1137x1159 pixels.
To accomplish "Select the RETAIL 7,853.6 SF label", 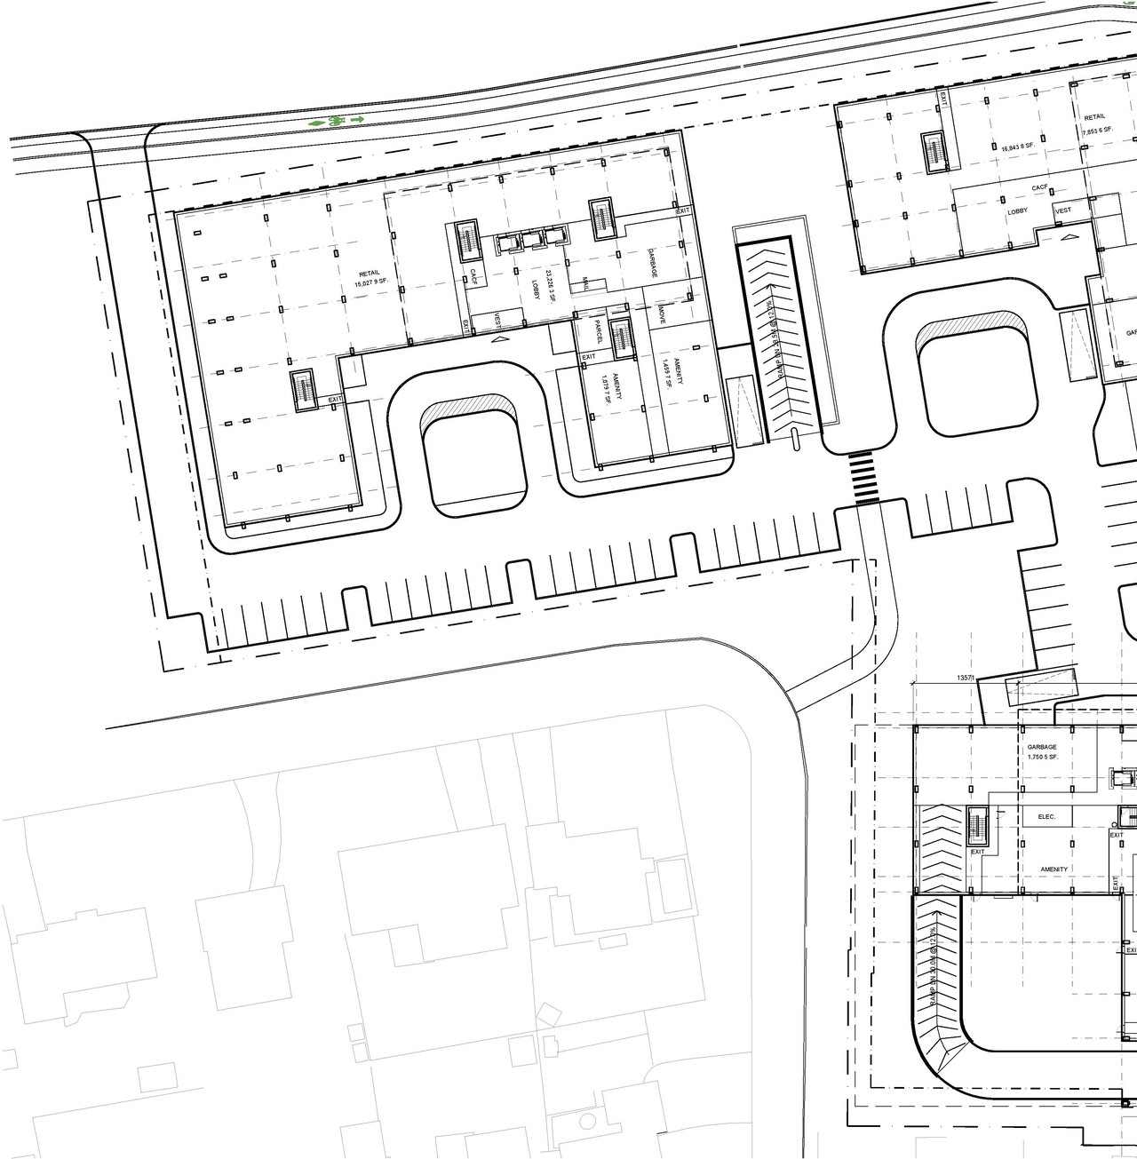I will [x=1096, y=124].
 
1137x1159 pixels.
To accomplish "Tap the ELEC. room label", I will [x=1046, y=816].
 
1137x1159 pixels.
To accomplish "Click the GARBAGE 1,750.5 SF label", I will [x=1042, y=752].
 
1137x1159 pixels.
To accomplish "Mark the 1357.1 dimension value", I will [x=966, y=678].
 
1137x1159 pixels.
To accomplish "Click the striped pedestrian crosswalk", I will [x=863, y=479].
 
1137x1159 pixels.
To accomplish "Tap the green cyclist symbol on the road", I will [x=336, y=120].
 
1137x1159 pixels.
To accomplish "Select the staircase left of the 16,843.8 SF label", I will [x=934, y=152].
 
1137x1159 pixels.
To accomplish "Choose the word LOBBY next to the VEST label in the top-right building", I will [x=1017, y=211].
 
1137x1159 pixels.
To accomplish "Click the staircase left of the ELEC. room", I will [x=978, y=828].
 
